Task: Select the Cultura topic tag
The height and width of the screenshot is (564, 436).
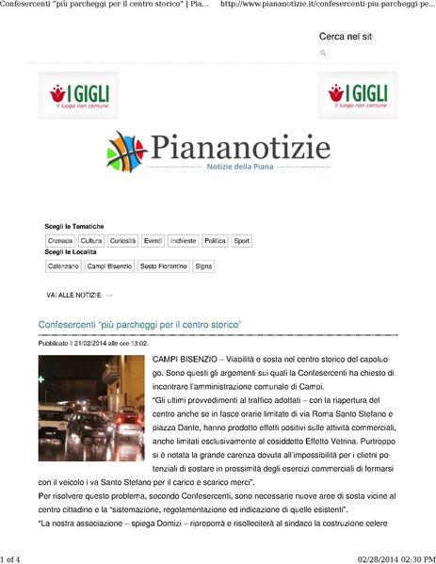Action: (x=91, y=241)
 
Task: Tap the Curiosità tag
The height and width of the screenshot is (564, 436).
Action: (x=122, y=241)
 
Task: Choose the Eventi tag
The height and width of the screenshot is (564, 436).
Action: (x=153, y=241)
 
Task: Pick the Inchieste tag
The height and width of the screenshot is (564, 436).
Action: (x=184, y=241)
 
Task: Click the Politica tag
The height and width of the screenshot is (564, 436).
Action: (x=215, y=241)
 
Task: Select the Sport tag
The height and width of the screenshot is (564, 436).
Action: (x=242, y=241)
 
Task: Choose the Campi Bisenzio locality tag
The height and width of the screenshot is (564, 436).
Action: (x=109, y=266)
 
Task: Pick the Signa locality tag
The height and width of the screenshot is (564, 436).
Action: (x=203, y=266)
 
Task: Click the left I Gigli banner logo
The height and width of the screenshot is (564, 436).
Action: (x=79, y=95)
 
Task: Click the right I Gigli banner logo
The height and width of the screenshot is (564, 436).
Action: (x=358, y=95)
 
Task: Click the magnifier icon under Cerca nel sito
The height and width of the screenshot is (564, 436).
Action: (x=323, y=54)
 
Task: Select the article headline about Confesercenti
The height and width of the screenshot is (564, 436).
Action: (x=140, y=325)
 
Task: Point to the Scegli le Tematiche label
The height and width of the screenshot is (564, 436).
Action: (x=74, y=227)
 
